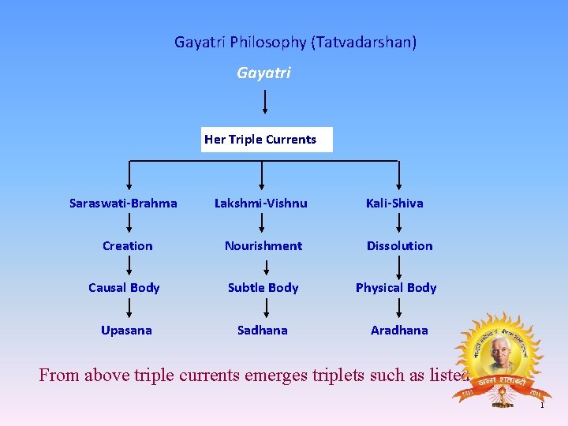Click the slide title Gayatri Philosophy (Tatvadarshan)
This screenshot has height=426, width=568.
(295, 42)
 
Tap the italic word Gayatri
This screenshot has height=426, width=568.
(263, 73)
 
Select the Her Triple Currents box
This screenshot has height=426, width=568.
(267, 140)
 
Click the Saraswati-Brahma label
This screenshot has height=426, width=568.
(123, 204)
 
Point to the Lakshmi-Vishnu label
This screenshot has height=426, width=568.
(261, 204)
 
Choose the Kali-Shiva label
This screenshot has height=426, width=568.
(394, 204)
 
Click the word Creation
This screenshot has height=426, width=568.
(127, 246)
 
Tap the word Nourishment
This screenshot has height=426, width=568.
(263, 246)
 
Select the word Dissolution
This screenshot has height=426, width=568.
(399, 246)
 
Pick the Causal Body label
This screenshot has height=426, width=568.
(124, 288)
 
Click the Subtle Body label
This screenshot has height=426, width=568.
(263, 288)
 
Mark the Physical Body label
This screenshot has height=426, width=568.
(396, 288)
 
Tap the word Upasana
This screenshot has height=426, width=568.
(126, 331)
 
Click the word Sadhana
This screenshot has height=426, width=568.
(262, 331)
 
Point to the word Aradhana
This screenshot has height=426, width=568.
(399, 331)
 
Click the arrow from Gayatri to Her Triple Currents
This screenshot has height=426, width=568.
(264, 102)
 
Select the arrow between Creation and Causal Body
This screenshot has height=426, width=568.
(128, 267)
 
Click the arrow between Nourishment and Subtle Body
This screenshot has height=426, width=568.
(264, 267)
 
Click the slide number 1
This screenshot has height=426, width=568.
(542, 405)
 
